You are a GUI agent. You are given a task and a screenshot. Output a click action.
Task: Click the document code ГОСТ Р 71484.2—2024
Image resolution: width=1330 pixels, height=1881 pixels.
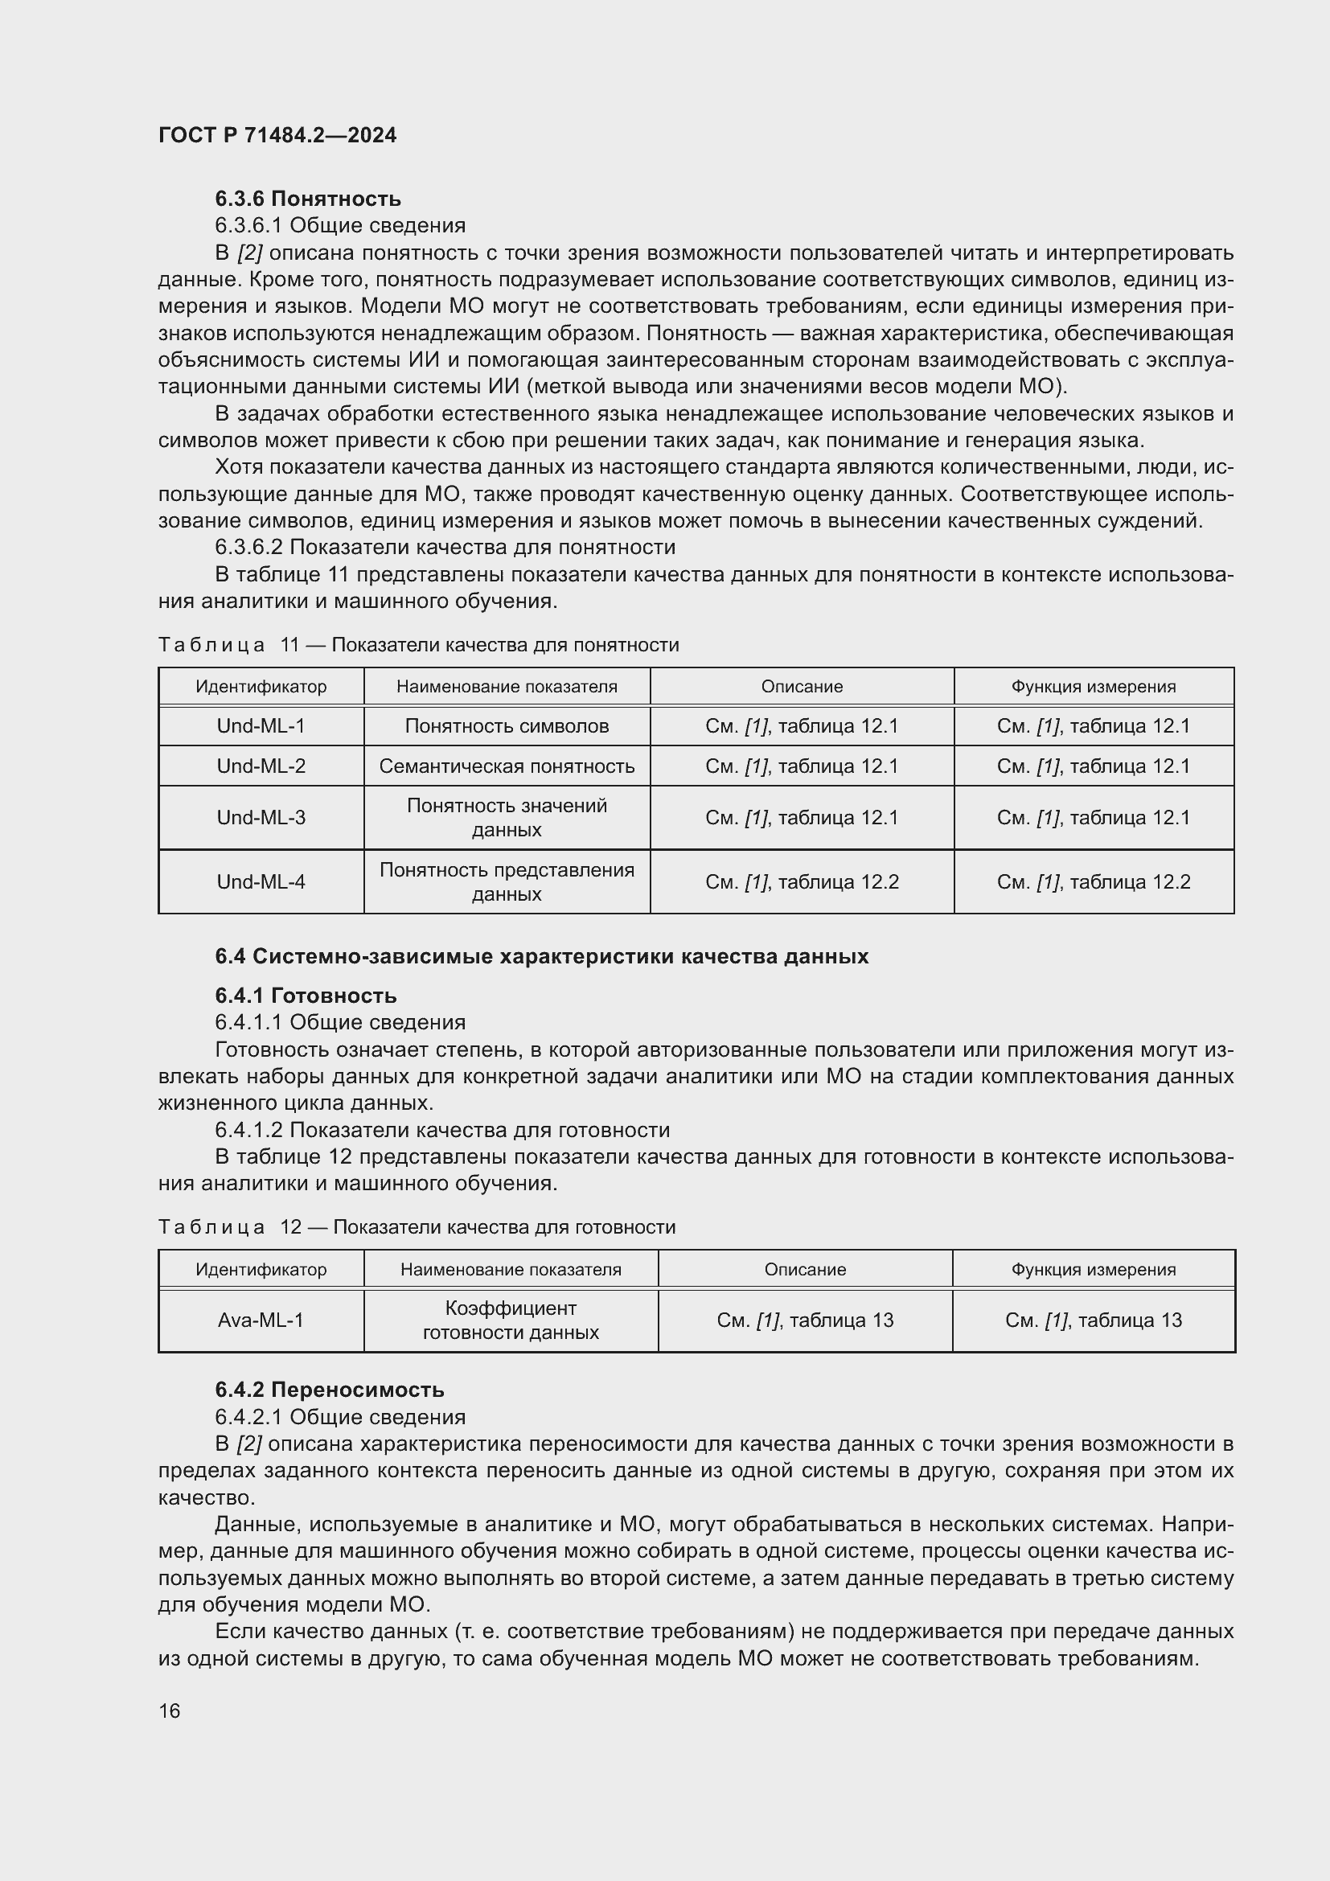pos(277,135)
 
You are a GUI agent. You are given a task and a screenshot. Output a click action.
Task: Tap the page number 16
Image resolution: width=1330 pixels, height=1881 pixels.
pos(170,1711)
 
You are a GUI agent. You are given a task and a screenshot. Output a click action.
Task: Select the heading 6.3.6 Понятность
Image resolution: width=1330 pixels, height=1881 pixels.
pos(308,199)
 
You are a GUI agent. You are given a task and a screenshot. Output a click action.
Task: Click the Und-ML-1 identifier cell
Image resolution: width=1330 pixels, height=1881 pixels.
pos(261,726)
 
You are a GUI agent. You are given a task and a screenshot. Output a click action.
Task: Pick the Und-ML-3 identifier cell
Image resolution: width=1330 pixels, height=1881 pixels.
pos(261,818)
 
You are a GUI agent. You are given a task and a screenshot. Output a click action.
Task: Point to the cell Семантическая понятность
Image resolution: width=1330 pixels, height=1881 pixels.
pos(506,766)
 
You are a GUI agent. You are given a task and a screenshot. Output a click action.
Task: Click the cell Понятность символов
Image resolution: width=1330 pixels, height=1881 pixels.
pos(506,726)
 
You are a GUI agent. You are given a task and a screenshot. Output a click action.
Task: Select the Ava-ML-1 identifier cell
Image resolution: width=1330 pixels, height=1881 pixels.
pos(261,1320)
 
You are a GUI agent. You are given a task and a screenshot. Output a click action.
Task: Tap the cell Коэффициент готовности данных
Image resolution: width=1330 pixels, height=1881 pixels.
pos(511,1320)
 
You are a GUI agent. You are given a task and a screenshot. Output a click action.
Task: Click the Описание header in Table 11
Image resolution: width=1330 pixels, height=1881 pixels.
pos(801,687)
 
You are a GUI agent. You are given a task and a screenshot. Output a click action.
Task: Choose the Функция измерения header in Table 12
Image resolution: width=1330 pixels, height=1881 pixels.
pos(1093,1269)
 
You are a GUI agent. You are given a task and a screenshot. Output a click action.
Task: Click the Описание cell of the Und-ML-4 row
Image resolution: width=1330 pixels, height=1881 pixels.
pos(801,881)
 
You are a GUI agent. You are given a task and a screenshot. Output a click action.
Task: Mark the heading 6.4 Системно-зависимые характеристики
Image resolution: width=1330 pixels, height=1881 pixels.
pos(540,956)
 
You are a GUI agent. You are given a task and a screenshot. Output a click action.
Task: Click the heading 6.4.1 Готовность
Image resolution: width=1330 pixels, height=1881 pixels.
pos(306,996)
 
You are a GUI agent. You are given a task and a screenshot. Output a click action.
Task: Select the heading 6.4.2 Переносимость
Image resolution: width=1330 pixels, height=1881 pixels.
pos(329,1390)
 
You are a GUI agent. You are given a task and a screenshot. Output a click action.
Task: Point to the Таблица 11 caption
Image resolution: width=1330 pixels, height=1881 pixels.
pos(417,645)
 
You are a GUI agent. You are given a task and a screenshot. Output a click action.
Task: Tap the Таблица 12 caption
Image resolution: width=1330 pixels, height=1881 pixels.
pos(416,1226)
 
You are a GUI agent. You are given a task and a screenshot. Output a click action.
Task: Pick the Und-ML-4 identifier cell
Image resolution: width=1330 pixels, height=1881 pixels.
pos(261,881)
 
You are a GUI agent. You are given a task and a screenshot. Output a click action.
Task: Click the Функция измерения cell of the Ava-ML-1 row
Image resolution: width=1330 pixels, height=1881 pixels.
pos(1093,1320)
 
